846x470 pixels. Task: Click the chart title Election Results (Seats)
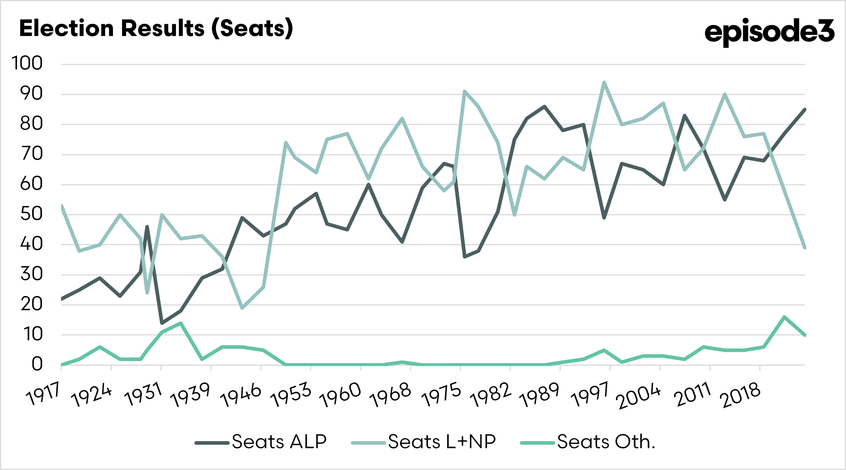(156, 29)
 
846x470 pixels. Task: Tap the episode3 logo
(769, 32)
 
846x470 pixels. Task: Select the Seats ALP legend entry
(261, 442)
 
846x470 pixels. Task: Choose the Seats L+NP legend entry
(424, 442)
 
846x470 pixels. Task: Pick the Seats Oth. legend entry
(588, 442)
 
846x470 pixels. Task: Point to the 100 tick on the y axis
(27, 64)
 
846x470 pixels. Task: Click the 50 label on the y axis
(31, 214)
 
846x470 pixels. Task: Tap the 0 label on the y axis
(37, 364)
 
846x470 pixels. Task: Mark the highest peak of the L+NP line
(604, 82)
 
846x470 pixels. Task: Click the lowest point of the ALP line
(162, 323)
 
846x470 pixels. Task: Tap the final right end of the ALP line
(805, 109)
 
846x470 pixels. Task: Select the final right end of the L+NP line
(805, 248)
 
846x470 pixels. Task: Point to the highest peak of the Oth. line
(784, 317)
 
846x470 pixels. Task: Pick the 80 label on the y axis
(31, 124)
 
